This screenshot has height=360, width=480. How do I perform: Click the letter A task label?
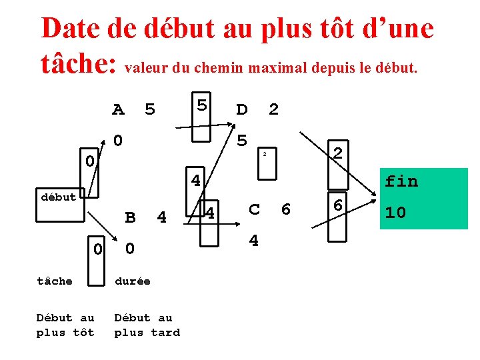click(x=118, y=109)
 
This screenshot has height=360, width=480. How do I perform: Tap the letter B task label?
click(x=131, y=217)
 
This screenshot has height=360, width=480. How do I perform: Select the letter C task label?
click(x=254, y=209)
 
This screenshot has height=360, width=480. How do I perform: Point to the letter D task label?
click(x=242, y=109)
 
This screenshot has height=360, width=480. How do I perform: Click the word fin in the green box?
click(x=401, y=181)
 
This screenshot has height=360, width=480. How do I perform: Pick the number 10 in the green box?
click(x=395, y=213)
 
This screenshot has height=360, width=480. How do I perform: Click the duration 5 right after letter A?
click(x=150, y=109)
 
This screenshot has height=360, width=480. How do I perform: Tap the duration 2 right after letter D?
click(x=273, y=109)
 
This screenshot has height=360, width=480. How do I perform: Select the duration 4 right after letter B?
click(x=161, y=217)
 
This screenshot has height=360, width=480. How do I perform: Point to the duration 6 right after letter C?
click(x=286, y=209)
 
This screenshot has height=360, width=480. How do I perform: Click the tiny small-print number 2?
click(x=264, y=155)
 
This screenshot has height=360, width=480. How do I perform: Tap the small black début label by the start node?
click(x=58, y=197)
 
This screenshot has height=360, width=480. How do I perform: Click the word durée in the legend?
click(x=133, y=281)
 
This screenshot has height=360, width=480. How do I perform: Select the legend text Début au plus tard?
click(x=147, y=325)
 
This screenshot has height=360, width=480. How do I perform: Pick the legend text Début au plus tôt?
click(x=65, y=325)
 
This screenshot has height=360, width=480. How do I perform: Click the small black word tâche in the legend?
click(x=55, y=281)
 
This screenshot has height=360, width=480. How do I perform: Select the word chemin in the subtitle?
click(x=217, y=67)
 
